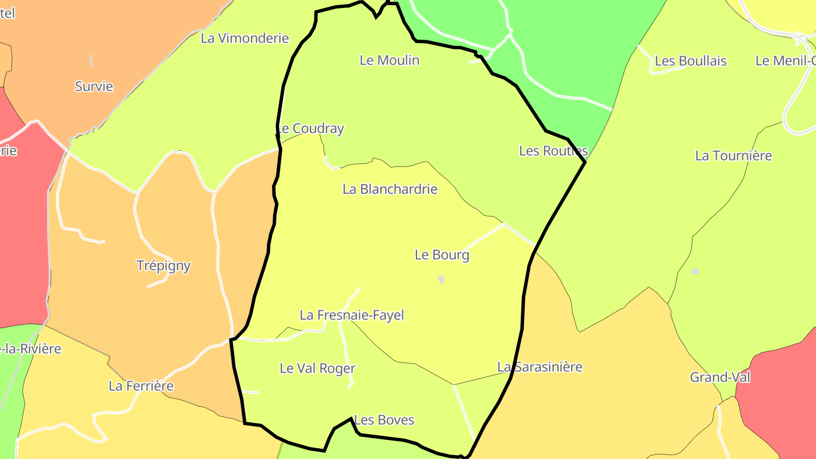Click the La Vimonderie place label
[x=245, y=39]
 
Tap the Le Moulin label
[x=389, y=60]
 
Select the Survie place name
[x=94, y=87]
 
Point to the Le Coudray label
[x=311, y=129]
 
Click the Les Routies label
[x=554, y=151]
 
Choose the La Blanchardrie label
[x=390, y=189]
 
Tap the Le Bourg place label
[x=442, y=255]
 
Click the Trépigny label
[x=164, y=266]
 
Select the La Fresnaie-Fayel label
[x=352, y=315]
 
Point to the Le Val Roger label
[x=317, y=368]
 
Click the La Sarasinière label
[x=539, y=367]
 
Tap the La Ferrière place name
[x=141, y=386]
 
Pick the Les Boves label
[x=384, y=420]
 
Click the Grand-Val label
[x=720, y=377]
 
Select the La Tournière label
[x=733, y=156]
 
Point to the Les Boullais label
[x=690, y=61]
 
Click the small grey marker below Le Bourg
[x=441, y=279]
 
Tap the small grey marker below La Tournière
[x=695, y=272]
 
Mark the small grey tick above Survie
[x=91, y=60]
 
